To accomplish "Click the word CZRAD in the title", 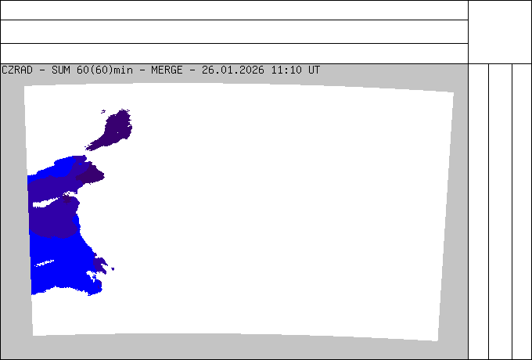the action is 17,70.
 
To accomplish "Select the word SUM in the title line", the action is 61,70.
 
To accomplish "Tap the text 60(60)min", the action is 105,70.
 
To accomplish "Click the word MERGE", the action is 167,70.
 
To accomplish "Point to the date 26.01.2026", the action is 233,70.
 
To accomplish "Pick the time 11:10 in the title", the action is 286,70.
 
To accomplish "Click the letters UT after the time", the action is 314,70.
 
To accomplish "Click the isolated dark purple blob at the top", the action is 111,130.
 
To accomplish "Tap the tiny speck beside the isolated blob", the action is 103,111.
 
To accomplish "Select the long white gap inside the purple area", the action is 49,202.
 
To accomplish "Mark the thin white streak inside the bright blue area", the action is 44,263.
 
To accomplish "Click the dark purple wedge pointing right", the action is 90,174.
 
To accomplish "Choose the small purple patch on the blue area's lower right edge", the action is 100,265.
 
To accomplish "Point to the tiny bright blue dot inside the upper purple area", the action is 80,164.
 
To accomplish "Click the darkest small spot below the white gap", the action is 66,199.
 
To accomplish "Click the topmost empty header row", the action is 234,10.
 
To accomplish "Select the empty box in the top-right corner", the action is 500,32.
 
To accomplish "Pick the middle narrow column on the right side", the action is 500,211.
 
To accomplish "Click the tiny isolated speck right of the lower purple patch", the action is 113,269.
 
